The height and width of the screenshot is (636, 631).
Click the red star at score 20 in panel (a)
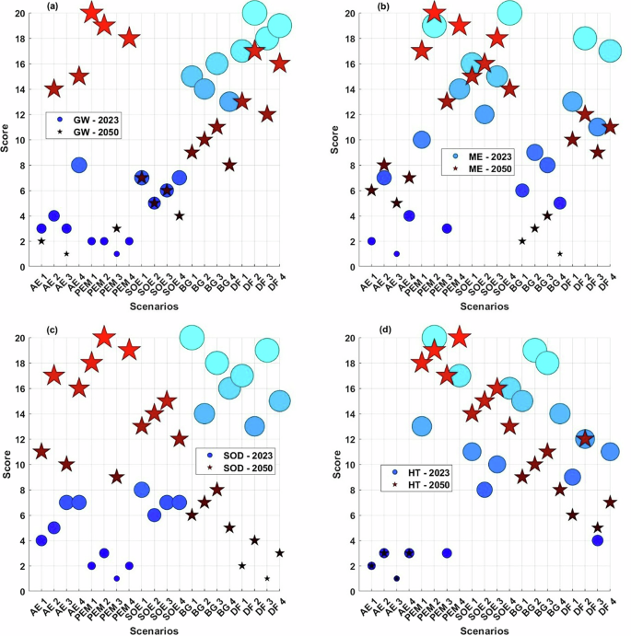click(91, 13)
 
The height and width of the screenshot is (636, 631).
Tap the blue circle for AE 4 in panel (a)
click(79, 166)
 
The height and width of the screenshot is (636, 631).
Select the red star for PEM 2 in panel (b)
click(435, 13)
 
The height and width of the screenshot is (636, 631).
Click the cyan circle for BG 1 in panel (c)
click(192, 338)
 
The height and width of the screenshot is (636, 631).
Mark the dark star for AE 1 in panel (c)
click(41, 452)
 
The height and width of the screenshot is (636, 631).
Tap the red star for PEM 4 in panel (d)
click(460, 338)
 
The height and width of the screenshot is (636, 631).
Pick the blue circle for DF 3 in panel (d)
click(597, 540)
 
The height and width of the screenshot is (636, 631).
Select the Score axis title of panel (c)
click(9, 464)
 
